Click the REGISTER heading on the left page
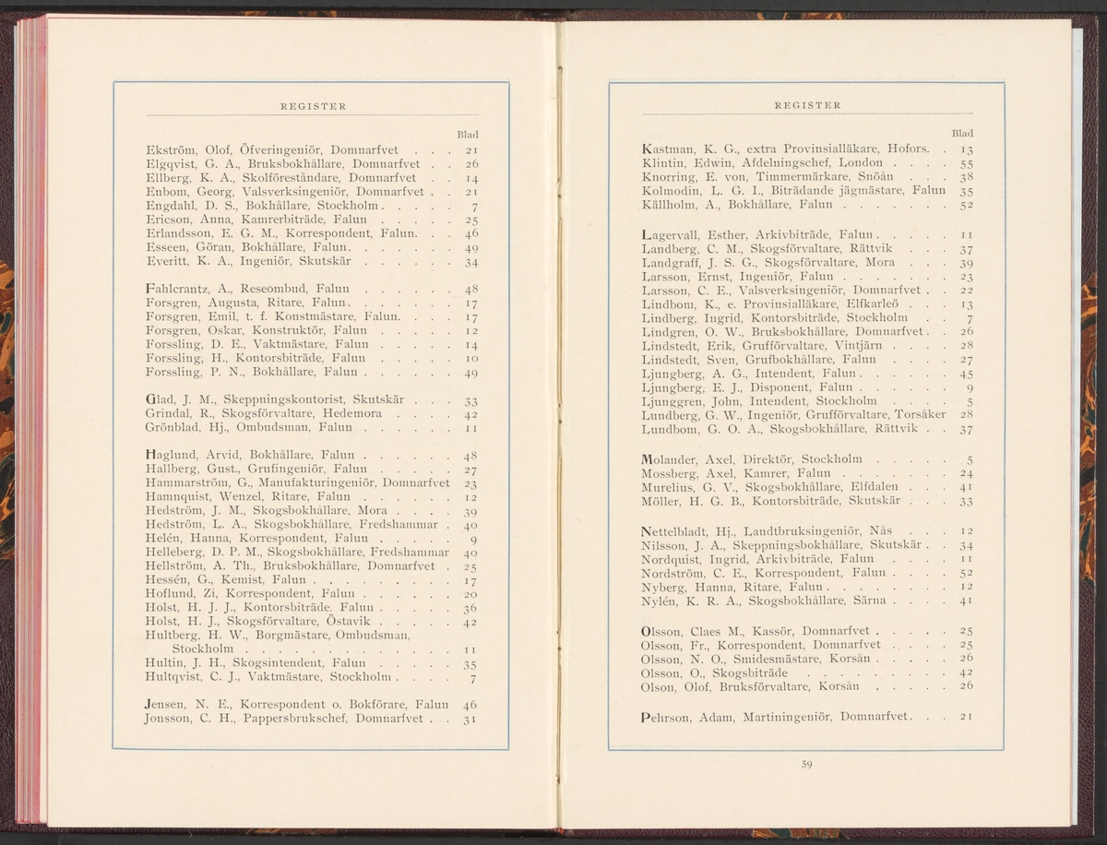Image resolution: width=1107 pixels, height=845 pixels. click(x=313, y=106)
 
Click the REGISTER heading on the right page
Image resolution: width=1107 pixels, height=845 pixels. click(x=807, y=105)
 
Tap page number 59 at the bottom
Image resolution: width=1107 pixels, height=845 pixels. click(x=806, y=761)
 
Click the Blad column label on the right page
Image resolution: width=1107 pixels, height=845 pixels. click(x=962, y=134)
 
